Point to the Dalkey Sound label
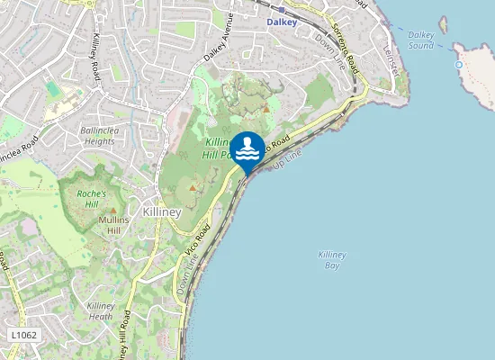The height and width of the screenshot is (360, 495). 421,40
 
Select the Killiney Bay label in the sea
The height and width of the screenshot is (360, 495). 331,260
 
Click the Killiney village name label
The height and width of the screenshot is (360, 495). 162,212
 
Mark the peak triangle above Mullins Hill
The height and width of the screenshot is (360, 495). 113,211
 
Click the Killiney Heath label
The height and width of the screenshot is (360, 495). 100,310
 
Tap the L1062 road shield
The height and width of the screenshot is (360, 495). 24,335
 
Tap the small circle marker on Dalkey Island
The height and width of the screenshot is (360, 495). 459,65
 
